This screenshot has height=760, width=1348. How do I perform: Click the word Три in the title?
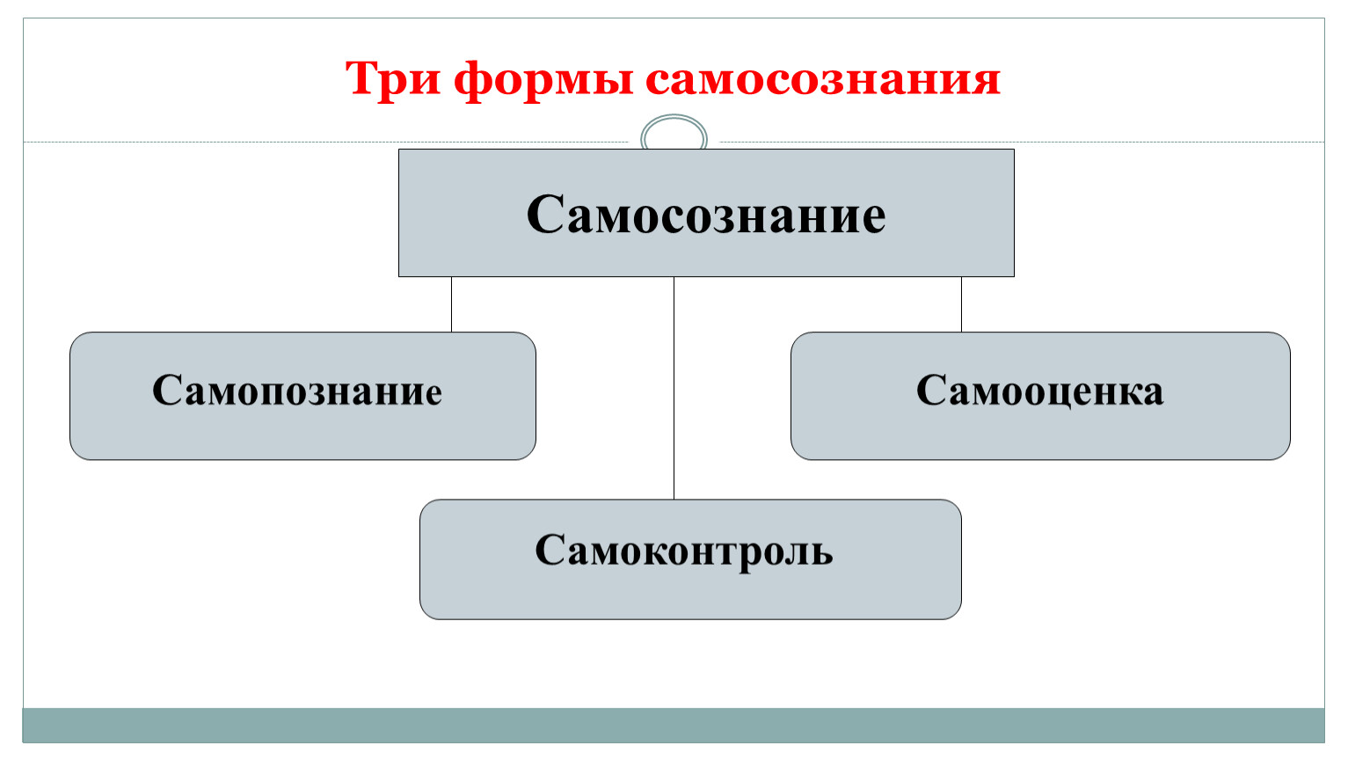pos(392,78)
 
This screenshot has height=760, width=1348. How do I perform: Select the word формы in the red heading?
pos(543,81)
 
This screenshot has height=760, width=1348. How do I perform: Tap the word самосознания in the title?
pos(823,81)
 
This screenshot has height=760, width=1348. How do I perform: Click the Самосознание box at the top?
pos(706,213)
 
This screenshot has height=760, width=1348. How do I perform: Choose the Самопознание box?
pos(302,396)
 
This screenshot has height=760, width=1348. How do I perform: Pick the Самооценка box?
pos(1040,396)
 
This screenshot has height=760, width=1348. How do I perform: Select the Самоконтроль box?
pos(690,559)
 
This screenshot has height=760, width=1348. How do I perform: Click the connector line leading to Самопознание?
pos(451,304)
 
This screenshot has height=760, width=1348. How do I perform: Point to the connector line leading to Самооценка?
pos(961,304)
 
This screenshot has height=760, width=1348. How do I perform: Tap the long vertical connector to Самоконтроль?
pos(674,388)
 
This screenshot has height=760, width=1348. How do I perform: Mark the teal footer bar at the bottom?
pos(674,725)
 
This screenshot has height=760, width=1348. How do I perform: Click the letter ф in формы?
pos(477,82)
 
